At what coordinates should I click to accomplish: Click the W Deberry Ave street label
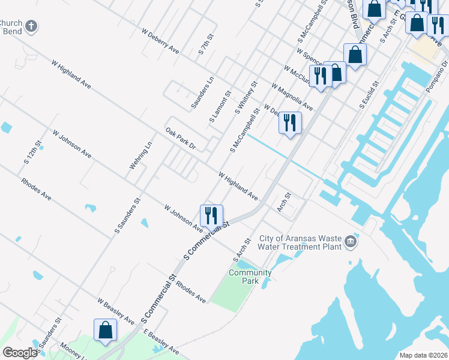[x=161, y=41]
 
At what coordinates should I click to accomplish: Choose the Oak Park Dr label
[x=181, y=138]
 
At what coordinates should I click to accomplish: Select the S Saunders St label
[x=127, y=215]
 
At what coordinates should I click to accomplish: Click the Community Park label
[x=250, y=277]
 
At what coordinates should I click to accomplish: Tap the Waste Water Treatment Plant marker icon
[x=351, y=242]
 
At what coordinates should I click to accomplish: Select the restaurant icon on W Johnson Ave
[x=211, y=215]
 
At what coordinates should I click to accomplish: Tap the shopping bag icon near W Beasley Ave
[x=105, y=329]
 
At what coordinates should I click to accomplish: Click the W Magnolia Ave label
[x=292, y=97]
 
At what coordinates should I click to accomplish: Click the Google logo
[x=20, y=353]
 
